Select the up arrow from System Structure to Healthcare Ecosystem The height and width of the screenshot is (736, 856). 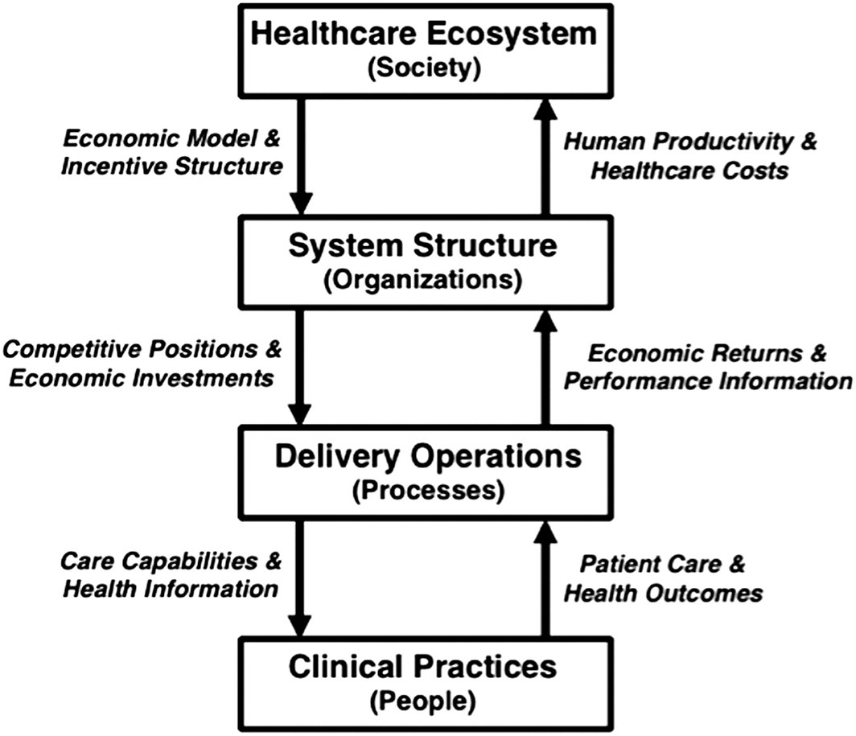click(x=546, y=153)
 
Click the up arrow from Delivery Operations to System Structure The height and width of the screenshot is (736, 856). click(x=546, y=366)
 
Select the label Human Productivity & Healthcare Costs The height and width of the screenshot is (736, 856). click(x=689, y=155)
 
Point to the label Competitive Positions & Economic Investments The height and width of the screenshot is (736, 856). click(x=143, y=364)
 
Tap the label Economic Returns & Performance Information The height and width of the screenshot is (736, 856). click(x=708, y=368)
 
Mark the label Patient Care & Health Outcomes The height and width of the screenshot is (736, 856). click(x=663, y=579)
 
